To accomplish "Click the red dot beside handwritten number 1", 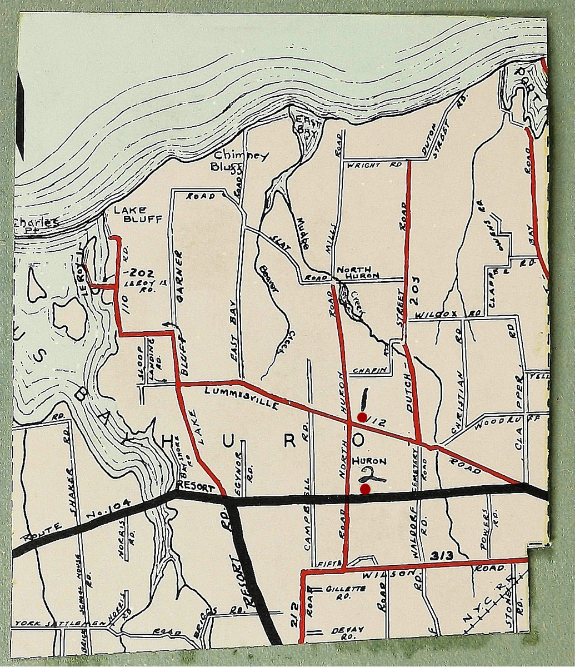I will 362,416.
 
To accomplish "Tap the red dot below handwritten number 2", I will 365,489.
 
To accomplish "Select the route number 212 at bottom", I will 295,615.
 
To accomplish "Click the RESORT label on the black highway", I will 196,487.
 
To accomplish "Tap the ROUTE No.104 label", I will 78,520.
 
